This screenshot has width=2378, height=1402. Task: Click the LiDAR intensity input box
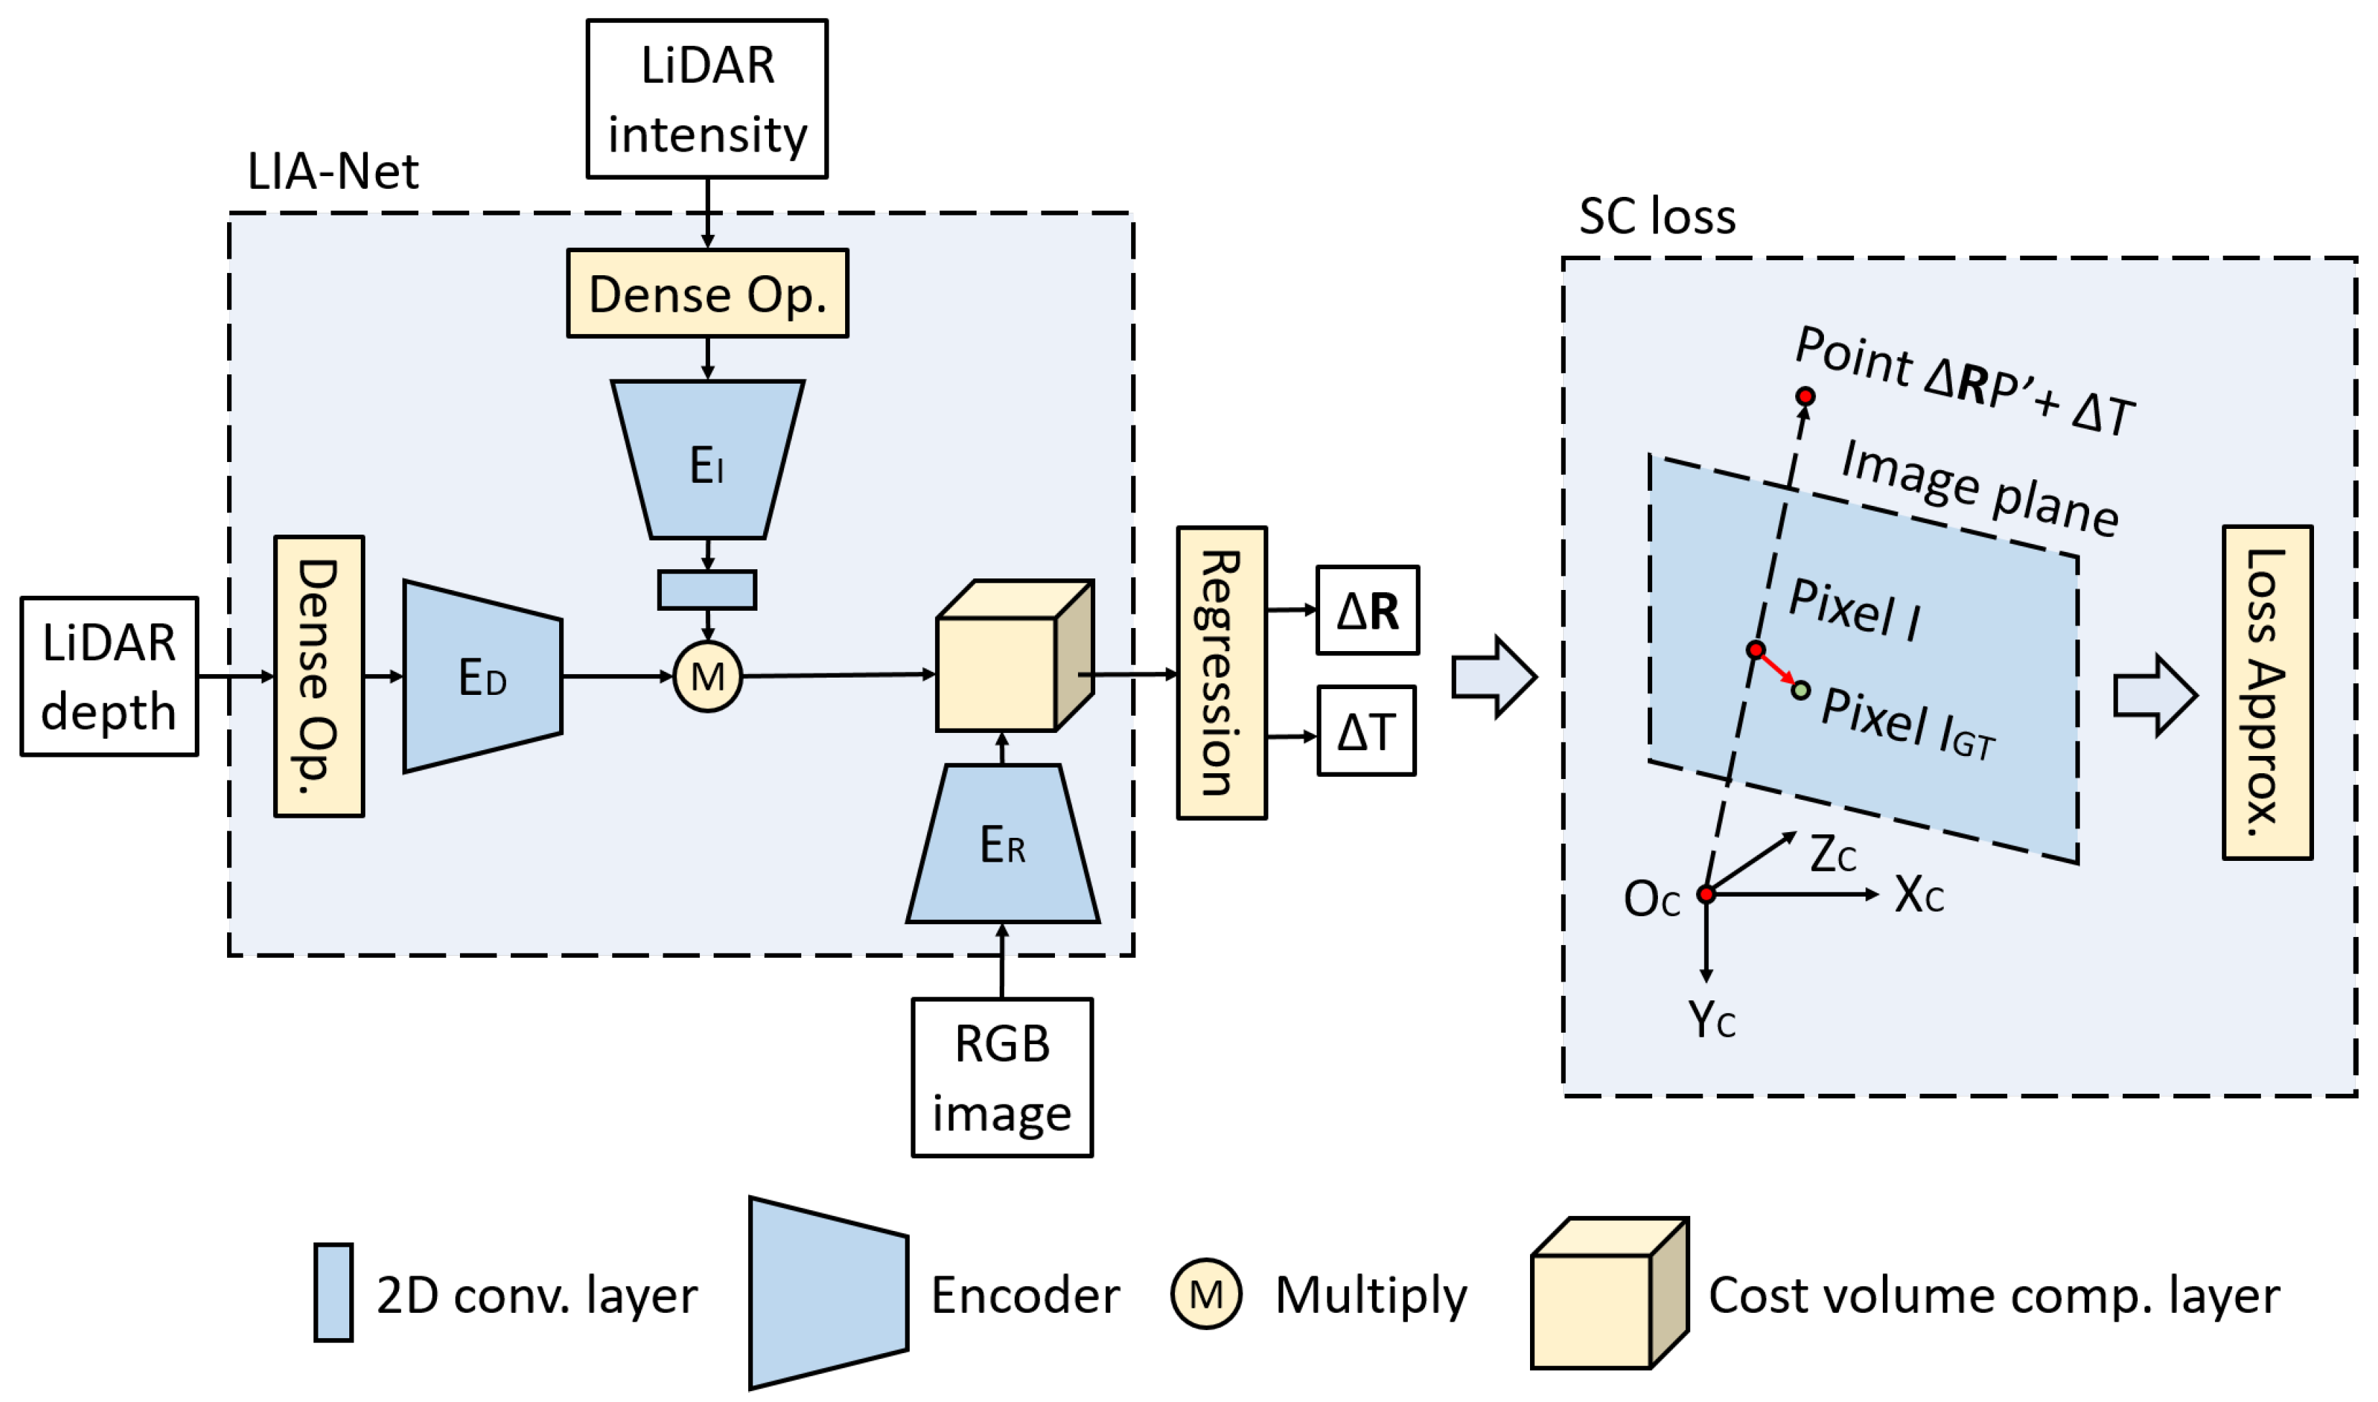click(706, 99)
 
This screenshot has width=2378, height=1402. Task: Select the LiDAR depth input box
click(110, 676)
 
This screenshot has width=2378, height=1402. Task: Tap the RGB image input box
click(1002, 1078)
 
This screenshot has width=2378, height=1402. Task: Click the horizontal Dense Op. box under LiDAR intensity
click(706, 294)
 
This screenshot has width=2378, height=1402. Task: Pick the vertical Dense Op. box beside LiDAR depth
click(319, 676)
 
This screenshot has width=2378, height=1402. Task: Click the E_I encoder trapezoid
click(706, 460)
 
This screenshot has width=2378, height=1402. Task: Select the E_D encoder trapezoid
click(481, 676)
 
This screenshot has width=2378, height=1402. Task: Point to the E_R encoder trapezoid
click(1002, 844)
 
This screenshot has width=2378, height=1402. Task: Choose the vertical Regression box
click(1221, 673)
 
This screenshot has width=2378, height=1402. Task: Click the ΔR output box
click(1367, 610)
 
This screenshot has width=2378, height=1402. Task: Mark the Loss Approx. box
click(2267, 693)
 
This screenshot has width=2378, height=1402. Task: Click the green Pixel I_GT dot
click(1801, 691)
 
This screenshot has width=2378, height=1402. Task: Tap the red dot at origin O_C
click(1705, 894)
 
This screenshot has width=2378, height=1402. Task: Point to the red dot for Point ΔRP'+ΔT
click(1805, 396)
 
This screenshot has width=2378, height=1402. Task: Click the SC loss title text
click(1656, 216)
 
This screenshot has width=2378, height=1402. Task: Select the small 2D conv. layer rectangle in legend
click(333, 1292)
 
